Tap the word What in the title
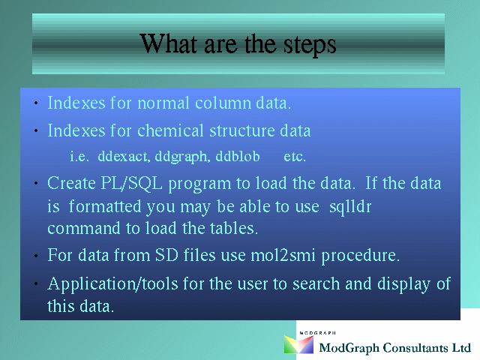[x=168, y=43]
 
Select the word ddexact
[x=124, y=156]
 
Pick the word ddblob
[x=238, y=156]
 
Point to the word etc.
[x=295, y=157]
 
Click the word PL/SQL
[x=131, y=183]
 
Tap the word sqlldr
[x=350, y=207]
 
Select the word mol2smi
[x=283, y=255]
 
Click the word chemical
[x=170, y=130]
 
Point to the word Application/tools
[x=112, y=284]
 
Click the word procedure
[x=360, y=256]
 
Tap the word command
[x=83, y=229]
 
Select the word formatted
[x=105, y=206]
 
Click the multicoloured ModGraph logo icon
[x=298, y=344]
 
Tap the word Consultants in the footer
[x=415, y=348]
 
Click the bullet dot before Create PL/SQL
[x=36, y=184]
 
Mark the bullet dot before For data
[x=36, y=256]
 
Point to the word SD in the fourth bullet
[x=166, y=255]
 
